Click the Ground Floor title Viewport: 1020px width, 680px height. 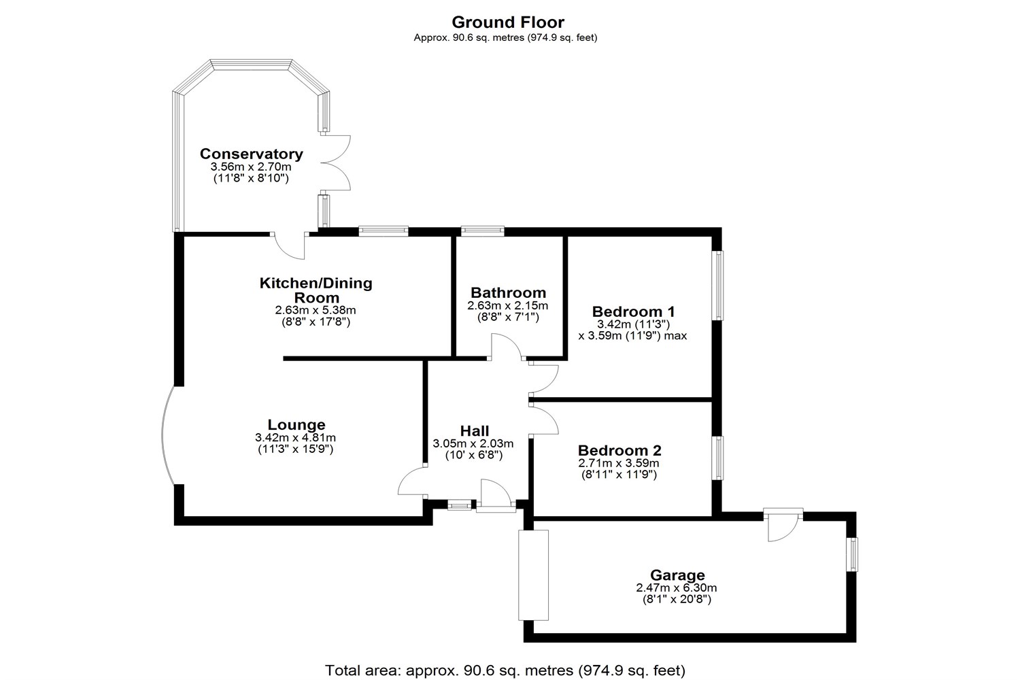click(x=508, y=22)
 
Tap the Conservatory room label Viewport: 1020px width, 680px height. click(x=251, y=154)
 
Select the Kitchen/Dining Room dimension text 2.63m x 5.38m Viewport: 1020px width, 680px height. click(x=316, y=310)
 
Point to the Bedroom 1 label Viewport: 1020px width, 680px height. click(x=633, y=311)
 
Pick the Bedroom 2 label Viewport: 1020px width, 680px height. click(x=619, y=450)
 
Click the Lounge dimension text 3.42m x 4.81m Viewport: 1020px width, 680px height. click(x=296, y=438)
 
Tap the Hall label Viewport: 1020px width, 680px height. click(x=474, y=430)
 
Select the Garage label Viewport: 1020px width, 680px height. click(x=677, y=575)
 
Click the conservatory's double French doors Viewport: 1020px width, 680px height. click(x=335, y=163)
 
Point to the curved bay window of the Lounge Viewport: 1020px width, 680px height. click(x=167, y=435)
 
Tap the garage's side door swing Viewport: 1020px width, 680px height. click(x=782, y=525)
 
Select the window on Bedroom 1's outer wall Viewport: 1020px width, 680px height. click(x=717, y=285)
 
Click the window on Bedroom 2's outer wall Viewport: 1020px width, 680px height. click(x=717, y=458)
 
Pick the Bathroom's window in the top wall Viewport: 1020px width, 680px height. click(x=482, y=231)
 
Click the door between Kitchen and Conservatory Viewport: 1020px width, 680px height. click(x=289, y=245)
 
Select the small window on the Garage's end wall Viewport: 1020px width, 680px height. click(x=852, y=554)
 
